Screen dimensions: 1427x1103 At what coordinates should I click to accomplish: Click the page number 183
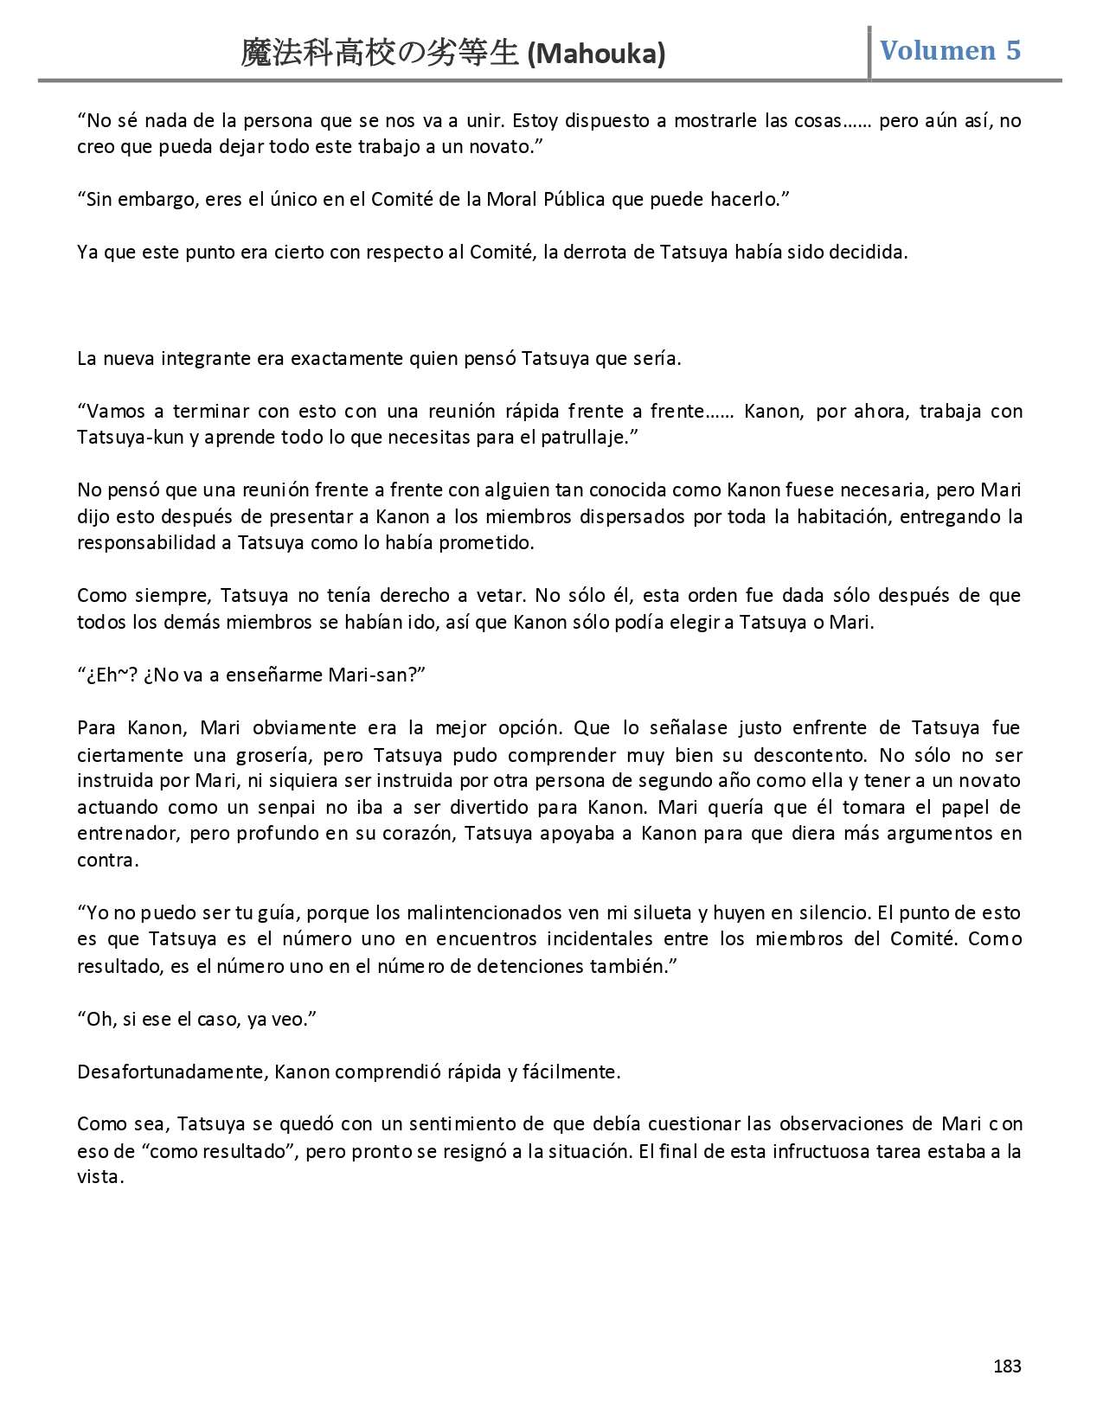pos(1007,1366)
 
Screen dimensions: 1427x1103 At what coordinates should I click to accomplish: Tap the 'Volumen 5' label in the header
pos(950,51)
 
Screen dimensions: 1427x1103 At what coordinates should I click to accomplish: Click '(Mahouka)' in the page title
pos(596,54)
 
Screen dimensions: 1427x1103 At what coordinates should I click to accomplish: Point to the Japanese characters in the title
pos(380,54)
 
